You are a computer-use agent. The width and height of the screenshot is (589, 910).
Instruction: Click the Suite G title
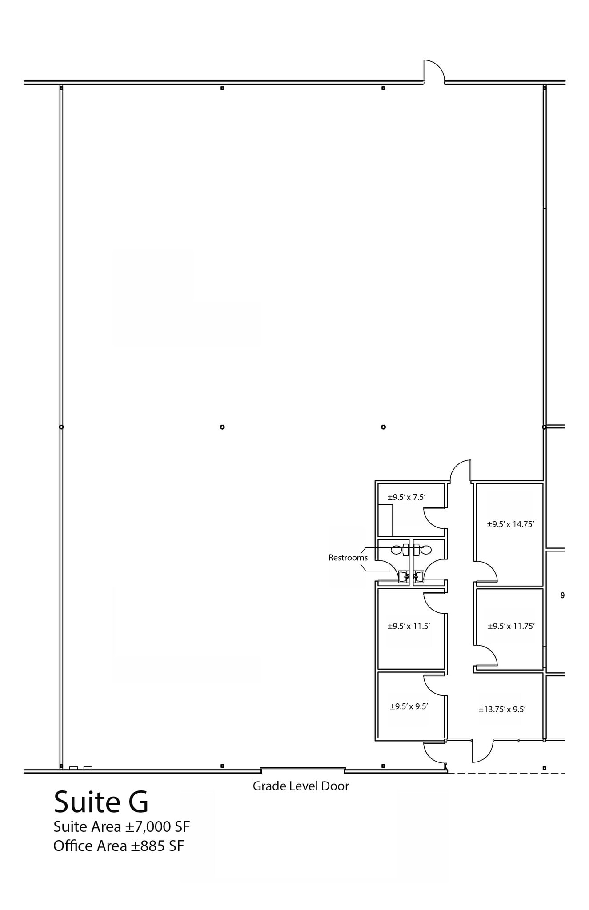(x=101, y=802)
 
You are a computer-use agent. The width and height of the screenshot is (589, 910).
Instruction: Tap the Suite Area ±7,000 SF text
(x=121, y=827)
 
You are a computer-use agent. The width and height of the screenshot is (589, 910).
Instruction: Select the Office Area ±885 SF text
(x=118, y=846)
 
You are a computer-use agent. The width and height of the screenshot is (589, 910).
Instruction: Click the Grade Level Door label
(x=301, y=786)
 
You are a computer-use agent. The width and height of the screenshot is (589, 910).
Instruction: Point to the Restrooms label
(x=348, y=558)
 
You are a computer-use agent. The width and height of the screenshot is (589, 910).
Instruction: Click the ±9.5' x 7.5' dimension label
(x=406, y=497)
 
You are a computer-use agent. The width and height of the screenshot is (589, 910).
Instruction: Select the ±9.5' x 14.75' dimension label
(x=510, y=524)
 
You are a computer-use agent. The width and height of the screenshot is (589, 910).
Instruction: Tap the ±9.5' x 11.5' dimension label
(x=409, y=627)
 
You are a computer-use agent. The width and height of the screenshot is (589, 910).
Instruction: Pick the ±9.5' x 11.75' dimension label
(x=511, y=627)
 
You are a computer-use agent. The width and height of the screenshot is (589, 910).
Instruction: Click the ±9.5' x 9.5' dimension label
(x=409, y=706)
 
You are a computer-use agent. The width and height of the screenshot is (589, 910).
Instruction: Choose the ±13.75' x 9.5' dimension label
(x=502, y=710)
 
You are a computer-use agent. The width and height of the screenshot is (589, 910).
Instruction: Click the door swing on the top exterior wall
(x=434, y=71)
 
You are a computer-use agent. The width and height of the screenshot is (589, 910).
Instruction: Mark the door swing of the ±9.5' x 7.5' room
(x=434, y=518)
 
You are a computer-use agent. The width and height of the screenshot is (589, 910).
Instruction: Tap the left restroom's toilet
(x=397, y=550)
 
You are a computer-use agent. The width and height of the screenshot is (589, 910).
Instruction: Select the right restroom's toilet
(x=426, y=550)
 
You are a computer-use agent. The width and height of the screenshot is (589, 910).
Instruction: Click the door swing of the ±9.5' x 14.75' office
(x=486, y=572)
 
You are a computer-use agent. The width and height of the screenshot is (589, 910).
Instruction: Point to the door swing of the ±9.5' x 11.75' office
(x=486, y=655)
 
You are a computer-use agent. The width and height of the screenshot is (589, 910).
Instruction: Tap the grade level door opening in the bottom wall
(x=302, y=769)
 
